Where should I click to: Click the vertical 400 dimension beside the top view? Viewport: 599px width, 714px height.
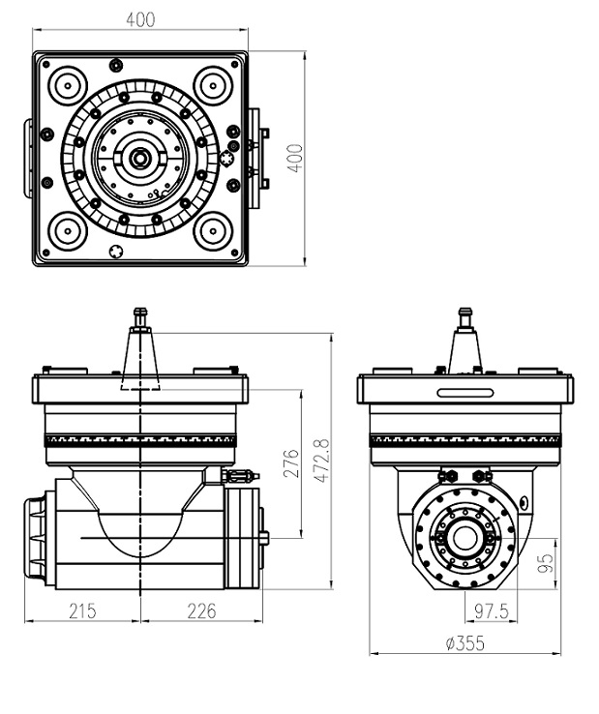[x=295, y=157]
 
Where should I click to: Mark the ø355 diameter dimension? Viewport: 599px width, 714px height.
[x=464, y=643]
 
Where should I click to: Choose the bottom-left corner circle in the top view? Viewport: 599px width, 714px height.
[x=68, y=230]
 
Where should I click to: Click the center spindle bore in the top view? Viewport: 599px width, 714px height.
[x=140, y=157]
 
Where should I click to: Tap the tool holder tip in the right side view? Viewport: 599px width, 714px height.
[x=464, y=313]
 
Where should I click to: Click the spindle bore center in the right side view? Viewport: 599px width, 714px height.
[x=464, y=538]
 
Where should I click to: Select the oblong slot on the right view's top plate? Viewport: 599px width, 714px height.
[x=464, y=392]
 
